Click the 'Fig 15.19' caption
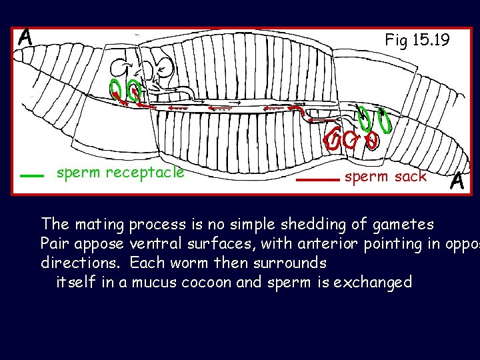(x=417, y=40)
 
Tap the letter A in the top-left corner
(x=25, y=37)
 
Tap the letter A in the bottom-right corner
(x=457, y=181)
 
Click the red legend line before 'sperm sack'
(x=317, y=179)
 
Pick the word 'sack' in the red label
(x=411, y=177)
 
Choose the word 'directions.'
(x=81, y=262)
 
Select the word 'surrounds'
(x=289, y=262)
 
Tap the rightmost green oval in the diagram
(x=384, y=124)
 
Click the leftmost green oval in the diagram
(x=116, y=90)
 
